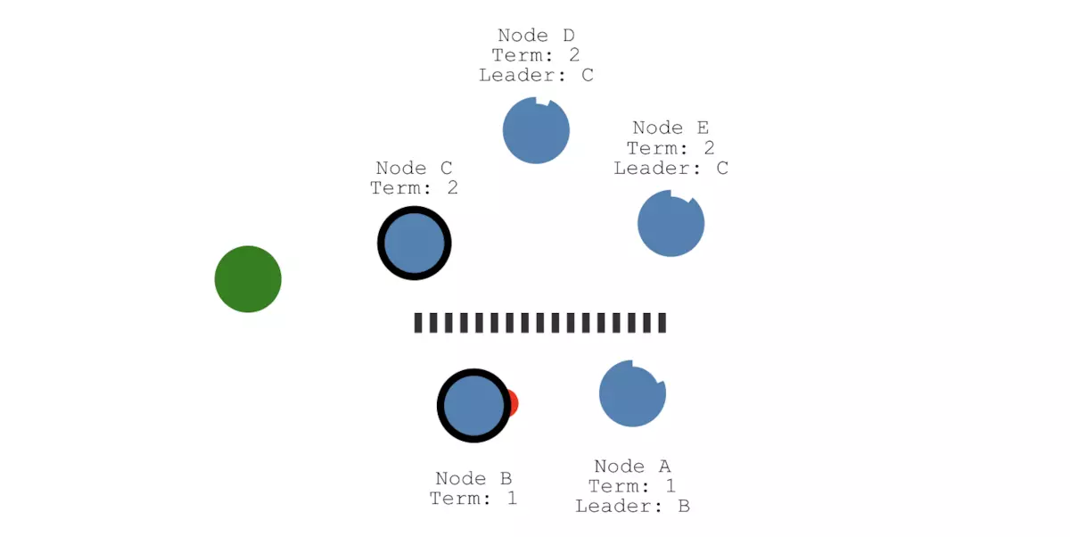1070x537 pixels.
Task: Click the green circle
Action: coord(248,279)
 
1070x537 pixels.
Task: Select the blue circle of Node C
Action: coord(414,244)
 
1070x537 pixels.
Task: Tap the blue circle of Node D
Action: coord(536,130)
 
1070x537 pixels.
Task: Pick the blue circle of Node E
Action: coord(671,224)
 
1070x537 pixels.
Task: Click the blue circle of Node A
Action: coord(632,393)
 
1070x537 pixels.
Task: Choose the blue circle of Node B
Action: coord(473,406)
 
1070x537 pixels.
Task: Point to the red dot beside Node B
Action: coord(513,403)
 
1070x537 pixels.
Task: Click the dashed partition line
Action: coord(539,323)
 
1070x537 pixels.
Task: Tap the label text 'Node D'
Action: coord(536,36)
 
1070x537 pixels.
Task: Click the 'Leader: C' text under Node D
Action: coord(536,75)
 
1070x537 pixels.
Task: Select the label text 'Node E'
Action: coord(671,128)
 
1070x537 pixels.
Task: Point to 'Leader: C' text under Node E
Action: coord(671,168)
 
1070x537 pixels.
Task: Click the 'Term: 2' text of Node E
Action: coord(671,148)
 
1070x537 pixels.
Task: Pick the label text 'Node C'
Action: coord(414,168)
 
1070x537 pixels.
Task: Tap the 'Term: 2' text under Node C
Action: coord(414,187)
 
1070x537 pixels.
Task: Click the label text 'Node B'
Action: coord(473,479)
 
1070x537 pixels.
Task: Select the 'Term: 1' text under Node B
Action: coord(473,499)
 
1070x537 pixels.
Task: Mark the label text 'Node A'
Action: coord(632,467)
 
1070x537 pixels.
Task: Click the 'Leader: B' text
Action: coord(632,507)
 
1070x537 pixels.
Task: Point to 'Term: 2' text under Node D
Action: coord(536,55)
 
